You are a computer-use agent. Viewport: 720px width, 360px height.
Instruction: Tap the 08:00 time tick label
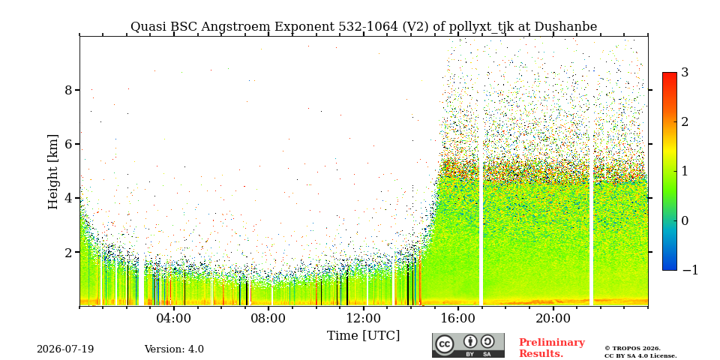click(268, 319)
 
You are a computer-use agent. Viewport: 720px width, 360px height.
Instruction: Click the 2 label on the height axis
click(68, 252)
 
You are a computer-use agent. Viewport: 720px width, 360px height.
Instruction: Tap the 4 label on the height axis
click(68, 198)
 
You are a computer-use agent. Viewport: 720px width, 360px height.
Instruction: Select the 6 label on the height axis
click(68, 144)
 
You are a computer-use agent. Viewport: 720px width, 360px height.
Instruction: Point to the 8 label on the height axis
click(68, 89)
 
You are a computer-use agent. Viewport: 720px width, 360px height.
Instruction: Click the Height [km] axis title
click(54, 172)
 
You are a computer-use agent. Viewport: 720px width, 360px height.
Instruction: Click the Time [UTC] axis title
click(363, 336)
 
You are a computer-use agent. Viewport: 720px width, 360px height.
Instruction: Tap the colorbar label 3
click(685, 72)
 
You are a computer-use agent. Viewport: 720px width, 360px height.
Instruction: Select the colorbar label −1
click(690, 270)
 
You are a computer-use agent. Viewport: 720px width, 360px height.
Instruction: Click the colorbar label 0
click(685, 220)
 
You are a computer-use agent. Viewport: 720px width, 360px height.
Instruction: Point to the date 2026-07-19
click(65, 349)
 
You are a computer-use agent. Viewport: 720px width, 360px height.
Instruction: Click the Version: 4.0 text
click(174, 349)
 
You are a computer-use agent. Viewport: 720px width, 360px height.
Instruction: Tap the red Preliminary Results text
click(552, 348)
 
